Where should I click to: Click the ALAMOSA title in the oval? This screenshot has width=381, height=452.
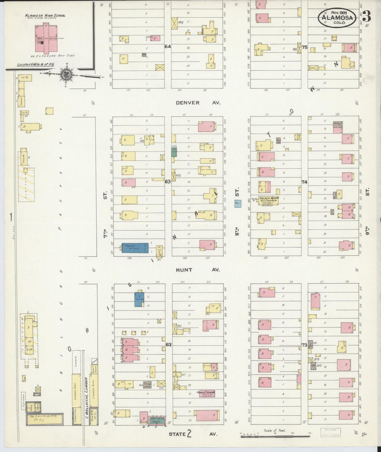[337, 18]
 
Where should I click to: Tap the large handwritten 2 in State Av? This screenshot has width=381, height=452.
[189, 434]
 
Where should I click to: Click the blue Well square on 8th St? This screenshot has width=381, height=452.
[238, 204]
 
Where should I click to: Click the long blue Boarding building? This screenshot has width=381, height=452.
[135, 248]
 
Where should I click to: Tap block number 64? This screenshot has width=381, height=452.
[168, 46]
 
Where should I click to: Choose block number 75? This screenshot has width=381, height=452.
[305, 47]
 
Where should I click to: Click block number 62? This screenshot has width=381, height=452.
[168, 344]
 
